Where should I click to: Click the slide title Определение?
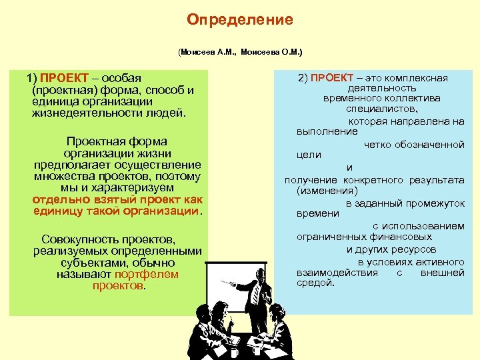[x=240, y=20]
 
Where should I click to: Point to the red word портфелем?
[x=146, y=274]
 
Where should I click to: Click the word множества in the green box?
[x=63, y=176]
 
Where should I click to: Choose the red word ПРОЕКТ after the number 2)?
[x=333, y=78]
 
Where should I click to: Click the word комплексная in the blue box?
[x=415, y=78]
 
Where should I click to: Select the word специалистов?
[x=381, y=108]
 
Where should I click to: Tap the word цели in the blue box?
[x=309, y=155]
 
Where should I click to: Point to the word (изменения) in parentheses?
[x=323, y=191]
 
